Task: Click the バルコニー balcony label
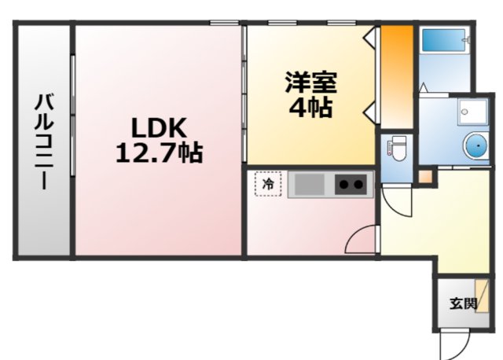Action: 43,141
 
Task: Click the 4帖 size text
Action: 310,108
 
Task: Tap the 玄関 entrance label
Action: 463,303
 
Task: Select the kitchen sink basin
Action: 310,186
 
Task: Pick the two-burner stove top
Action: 351,186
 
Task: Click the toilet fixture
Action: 396,148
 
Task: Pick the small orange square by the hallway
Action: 425,176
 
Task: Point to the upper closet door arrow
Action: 369,36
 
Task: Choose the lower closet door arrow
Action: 369,108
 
